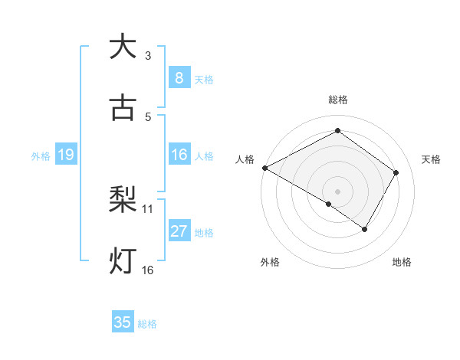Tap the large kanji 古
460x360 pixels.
click(123, 108)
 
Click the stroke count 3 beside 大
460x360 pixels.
click(148, 55)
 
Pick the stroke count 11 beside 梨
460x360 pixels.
click(148, 208)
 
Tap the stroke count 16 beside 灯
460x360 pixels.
click(148, 270)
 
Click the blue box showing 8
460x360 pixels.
click(179, 77)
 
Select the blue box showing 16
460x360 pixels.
click(179, 155)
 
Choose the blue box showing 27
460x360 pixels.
click(179, 231)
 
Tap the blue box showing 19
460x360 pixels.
click(66, 155)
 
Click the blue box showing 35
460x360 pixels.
click(123, 322)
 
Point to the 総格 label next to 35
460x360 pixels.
click(147, 324)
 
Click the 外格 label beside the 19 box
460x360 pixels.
click(41, 155)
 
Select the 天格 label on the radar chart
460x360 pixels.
click(431, 159)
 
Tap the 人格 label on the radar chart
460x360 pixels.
click(245, 159)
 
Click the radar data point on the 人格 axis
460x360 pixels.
click(264, 168)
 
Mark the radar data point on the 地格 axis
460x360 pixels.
click(365, 229)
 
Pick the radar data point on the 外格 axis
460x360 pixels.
click(329, 204)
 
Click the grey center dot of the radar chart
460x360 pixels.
click(337, 191)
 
